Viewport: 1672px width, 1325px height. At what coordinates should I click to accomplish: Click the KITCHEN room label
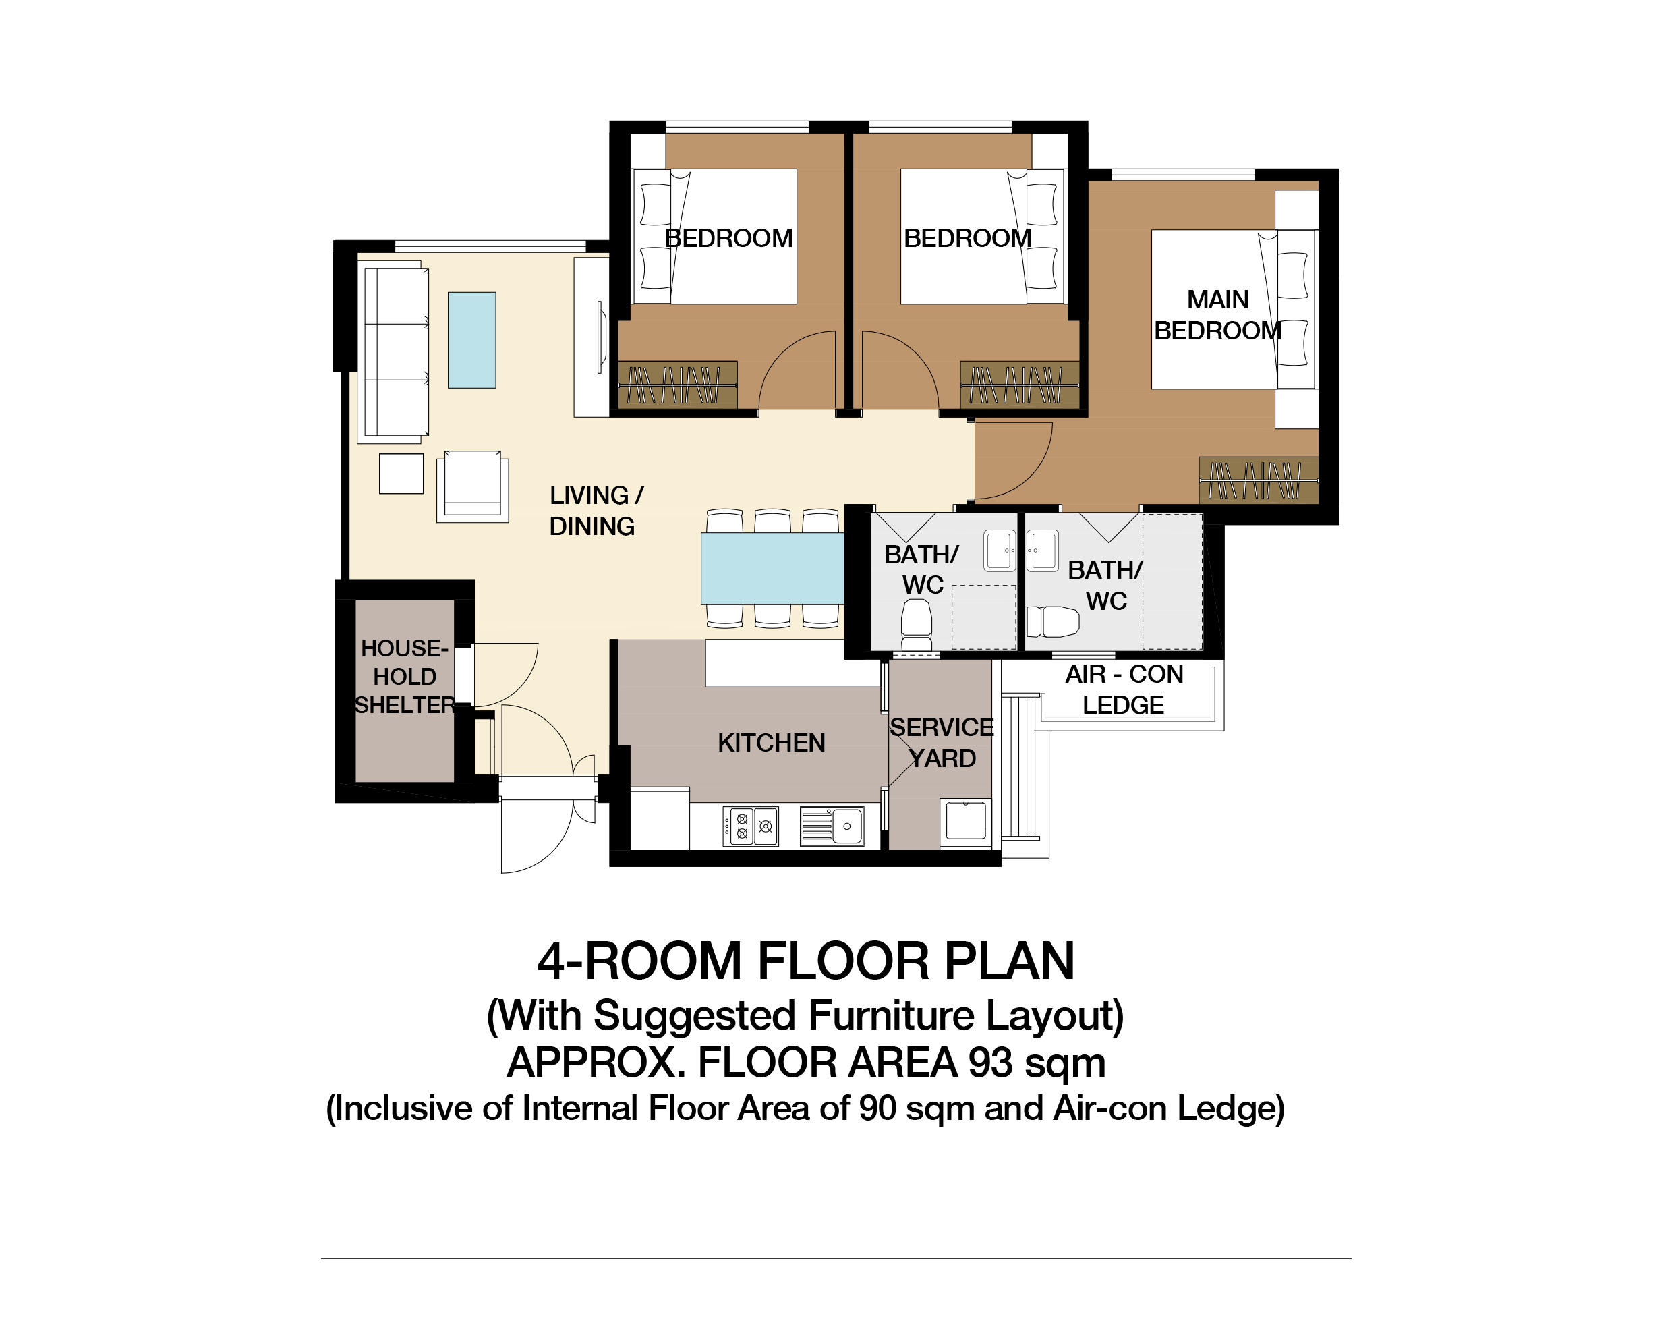tap(771, 743)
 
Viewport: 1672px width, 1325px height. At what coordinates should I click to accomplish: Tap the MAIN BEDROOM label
tap(1217, 315)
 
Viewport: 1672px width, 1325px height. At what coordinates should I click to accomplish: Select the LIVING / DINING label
tap(596, 511)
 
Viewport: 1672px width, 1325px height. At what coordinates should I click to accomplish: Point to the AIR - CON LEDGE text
tap(1124, 689)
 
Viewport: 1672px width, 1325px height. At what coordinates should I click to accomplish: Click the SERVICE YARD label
tap(942, 742)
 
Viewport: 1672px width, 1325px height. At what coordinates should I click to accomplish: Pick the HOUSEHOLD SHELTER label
tap(404, 677)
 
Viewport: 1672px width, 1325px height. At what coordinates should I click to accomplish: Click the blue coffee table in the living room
tap(471, 340)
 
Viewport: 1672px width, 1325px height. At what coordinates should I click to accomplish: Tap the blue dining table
tap(772, 568)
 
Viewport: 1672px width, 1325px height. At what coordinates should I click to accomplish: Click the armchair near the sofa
tap(472, 486)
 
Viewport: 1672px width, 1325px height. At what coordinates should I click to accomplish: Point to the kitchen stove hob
tap(751, 826)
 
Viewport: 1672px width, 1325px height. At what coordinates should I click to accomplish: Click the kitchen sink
tap(832, 826)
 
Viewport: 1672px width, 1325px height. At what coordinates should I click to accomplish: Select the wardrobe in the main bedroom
tap(1258, 480)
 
